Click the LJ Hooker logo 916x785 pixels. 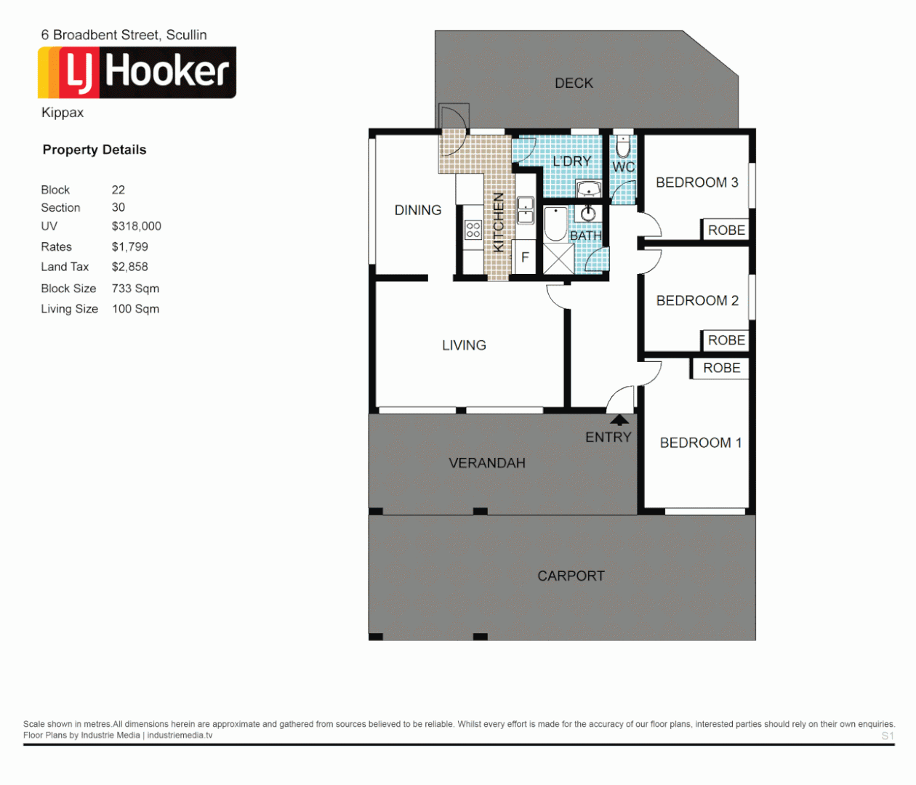pos(137,73)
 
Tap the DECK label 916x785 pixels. pos(574,84)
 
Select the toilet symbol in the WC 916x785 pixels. pos(623,147)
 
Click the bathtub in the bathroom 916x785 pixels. pos(555,224)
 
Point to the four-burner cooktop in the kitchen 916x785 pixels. pos(473,230)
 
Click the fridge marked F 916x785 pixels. pos(525,258)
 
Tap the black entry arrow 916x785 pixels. pos(619,419)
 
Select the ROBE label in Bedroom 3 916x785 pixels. pos(726,230)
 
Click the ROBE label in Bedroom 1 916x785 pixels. pos(721,369)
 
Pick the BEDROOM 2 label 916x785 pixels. pos(697,301)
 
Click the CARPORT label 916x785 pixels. pos(571,576)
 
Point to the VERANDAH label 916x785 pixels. pos(486,463)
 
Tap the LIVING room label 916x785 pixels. pos(464,345)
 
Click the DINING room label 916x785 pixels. pos(417,210)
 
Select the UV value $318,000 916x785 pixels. pos(137,226)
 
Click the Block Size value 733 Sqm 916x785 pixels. pos(135,289)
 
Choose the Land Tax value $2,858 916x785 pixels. pos(130,267)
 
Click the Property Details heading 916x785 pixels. pos(95,150)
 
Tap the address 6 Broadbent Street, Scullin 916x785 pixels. pos(124,35)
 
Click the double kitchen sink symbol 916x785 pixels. pos(525,210)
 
